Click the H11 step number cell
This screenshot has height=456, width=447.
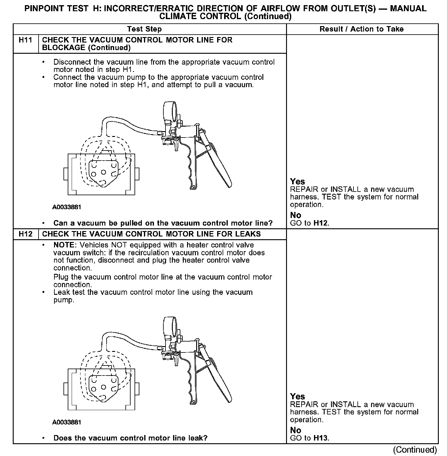click(x=26, y=40)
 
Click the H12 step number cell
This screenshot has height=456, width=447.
click(x=26, y=234)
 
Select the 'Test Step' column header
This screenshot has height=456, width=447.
click(x=144, y=29)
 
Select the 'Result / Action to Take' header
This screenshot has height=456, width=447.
click(x=361, y=29)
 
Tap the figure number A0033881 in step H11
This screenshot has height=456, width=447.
click(x=67, y=207)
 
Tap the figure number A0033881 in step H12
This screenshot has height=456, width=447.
click(x=67, y=422)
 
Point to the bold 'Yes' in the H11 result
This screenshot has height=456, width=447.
click(x=297, y=182)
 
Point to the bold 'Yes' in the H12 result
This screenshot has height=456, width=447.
click(x=297, y=396)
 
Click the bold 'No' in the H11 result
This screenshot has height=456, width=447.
click(x=295, y=215)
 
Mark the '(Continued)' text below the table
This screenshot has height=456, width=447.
click(x=415, y=450)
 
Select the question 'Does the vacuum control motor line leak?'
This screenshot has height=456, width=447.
click(x=130, y=438)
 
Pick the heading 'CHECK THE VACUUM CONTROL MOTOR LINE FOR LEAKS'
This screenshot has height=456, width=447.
click(x=151, y=234)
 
